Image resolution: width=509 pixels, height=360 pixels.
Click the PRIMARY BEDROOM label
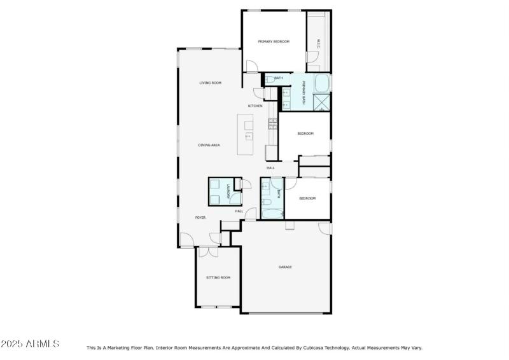274,42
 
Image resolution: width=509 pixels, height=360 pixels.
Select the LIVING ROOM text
210,83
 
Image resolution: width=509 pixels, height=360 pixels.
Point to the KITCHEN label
255,106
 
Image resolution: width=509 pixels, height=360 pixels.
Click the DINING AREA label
209,145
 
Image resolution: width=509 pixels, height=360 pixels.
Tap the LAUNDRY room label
228,191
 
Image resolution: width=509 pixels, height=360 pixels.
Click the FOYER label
200,218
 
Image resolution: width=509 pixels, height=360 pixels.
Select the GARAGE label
285,267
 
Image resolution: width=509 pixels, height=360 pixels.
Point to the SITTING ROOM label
218,277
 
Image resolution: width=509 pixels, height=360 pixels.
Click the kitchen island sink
249,136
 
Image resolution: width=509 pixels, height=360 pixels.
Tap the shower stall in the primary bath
321,102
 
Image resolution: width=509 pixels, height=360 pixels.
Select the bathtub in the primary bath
321,83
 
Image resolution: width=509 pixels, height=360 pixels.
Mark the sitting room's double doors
207,252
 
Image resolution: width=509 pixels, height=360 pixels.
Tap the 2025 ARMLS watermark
30,344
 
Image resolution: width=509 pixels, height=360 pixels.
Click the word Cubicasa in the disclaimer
309,348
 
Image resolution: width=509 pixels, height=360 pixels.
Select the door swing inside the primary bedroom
252,66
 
